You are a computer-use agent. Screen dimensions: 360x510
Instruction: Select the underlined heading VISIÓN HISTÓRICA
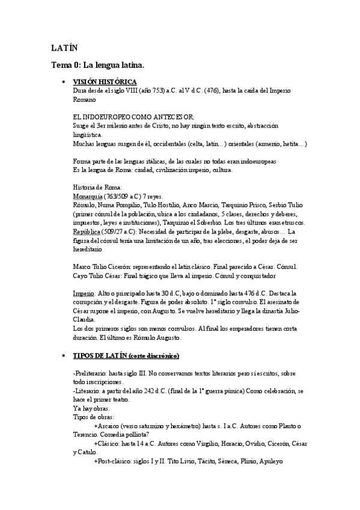click(x=105, y=81)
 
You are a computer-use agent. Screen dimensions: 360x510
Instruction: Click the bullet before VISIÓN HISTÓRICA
click(x=63, y=81)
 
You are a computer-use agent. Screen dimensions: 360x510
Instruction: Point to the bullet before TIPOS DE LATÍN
click(x=63, y=356)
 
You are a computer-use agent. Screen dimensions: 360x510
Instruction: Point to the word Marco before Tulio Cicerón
click(x=81, y=266)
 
